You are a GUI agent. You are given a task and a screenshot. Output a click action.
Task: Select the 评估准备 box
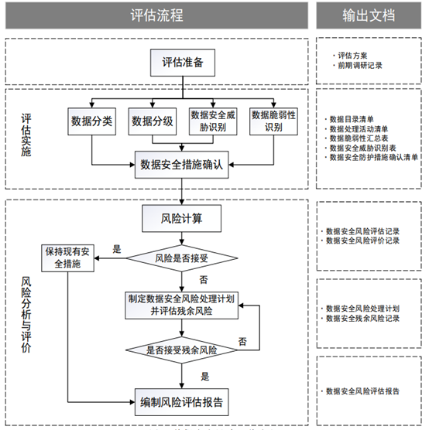pyautogui.click(x=183, y=63)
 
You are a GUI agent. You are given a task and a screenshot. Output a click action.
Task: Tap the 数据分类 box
pyautogui.click(x=92, y=121)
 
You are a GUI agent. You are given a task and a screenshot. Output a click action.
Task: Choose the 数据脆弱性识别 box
pyautogui.click(x=275, y=121)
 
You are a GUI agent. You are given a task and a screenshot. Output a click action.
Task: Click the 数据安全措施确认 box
pyautogui.click(x=183, y=164)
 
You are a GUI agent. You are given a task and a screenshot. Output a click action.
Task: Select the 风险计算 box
pyautogui.click(x=182, y=219)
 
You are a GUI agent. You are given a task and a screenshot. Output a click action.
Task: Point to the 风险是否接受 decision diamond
pyautogui.click(x=182, y=258)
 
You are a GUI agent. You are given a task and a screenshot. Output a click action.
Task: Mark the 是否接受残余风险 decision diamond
pyautogui.click(x=182, y=350)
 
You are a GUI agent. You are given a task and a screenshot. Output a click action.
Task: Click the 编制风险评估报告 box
pyautogui.click(x=183, y=401)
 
